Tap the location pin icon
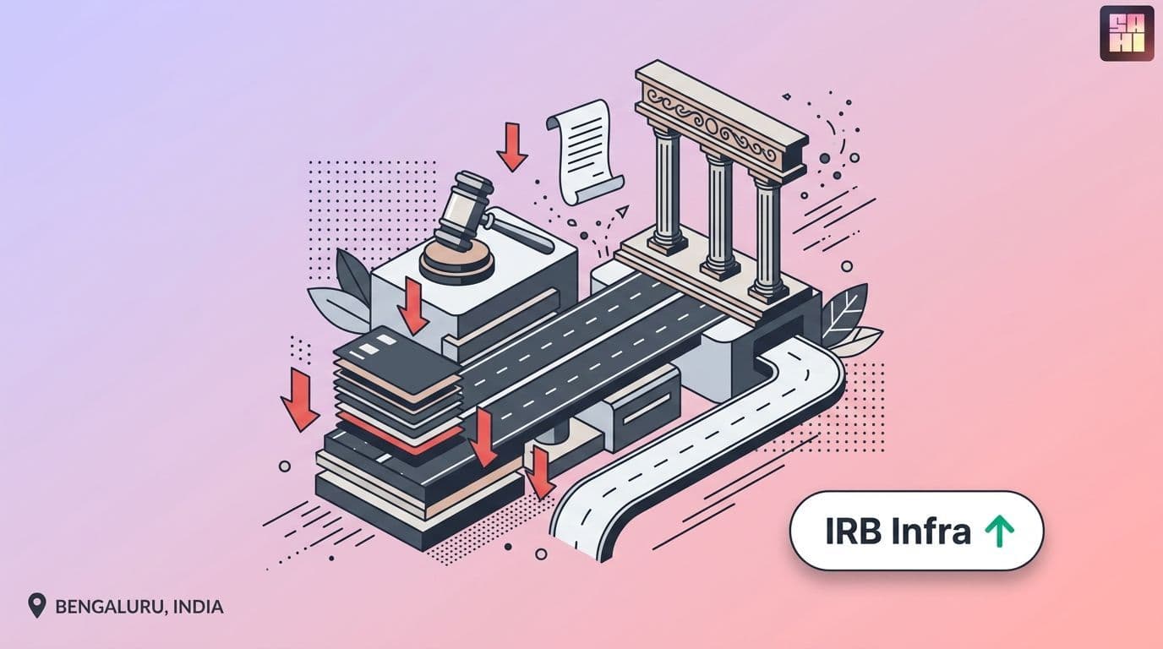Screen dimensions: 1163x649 [37, 605]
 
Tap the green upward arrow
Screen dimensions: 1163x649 [999, 532]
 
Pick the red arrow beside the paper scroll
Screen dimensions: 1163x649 [512, 147]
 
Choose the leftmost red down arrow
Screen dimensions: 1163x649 [299, 399]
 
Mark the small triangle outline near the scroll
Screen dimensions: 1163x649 [623, 210]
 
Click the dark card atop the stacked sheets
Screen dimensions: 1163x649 [398, 353]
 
